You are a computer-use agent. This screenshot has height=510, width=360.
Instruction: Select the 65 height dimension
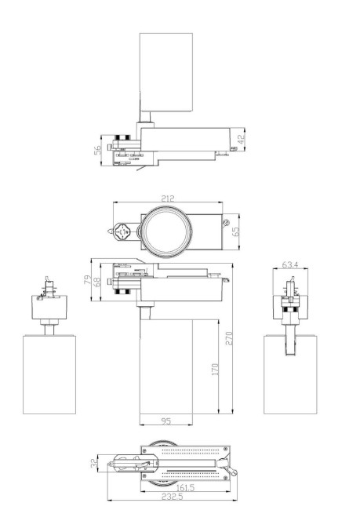point(236,231)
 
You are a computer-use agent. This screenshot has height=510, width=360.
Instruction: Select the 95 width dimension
point(165,421)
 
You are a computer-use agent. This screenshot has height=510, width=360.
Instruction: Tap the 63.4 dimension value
point(289,264)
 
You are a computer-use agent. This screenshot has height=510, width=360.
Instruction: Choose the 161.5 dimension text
point(185,486)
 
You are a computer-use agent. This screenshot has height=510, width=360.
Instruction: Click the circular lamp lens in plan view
point(165,231)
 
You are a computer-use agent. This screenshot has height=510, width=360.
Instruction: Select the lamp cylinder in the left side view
point(49,373)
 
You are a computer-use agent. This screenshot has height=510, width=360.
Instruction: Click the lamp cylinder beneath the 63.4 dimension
point(291,373)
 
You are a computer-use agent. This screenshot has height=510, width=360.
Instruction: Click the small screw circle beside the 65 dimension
point(226,228)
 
